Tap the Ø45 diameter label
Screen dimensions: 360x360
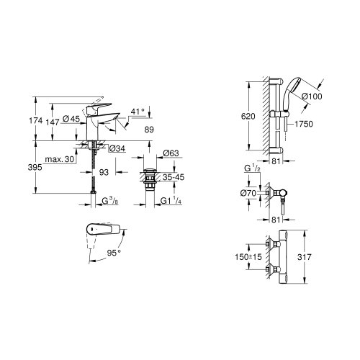coord(70,119)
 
